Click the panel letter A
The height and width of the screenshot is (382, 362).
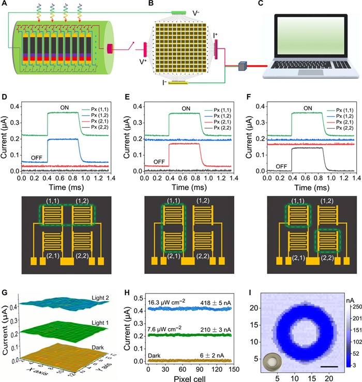(x=5, y=5)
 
